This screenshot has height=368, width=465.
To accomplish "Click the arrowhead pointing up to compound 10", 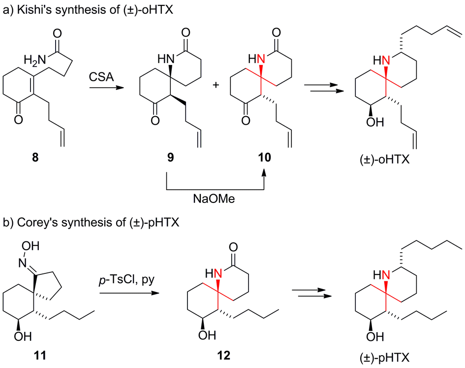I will [264, 171].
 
